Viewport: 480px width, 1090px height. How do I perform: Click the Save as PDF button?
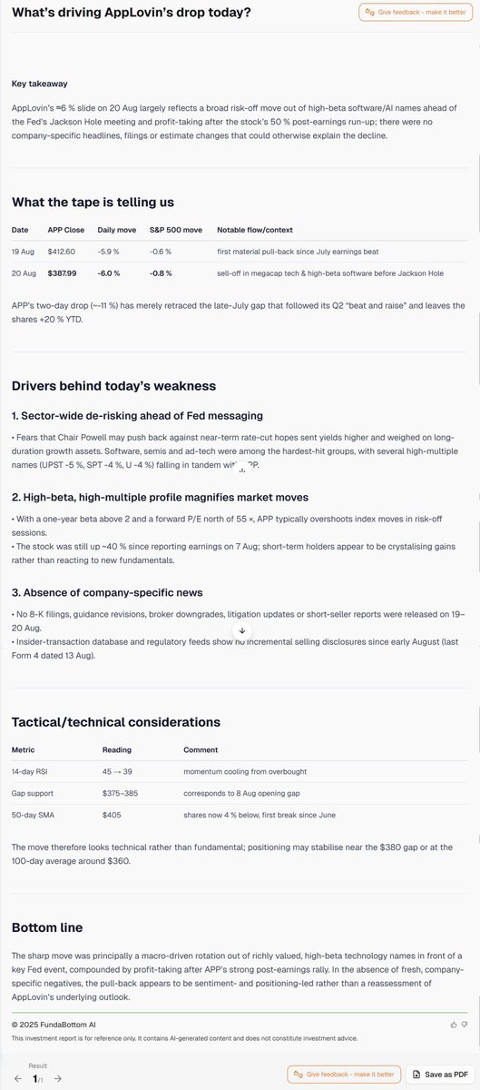439,1075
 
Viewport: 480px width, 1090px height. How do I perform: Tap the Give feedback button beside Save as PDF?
343,1075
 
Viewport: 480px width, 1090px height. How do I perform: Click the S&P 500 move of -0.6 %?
162,252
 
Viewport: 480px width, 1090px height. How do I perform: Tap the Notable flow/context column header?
255,230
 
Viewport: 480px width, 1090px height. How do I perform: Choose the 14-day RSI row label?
31,772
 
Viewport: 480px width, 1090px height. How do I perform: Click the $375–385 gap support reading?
121,794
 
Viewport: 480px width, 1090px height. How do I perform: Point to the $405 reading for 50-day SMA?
112,816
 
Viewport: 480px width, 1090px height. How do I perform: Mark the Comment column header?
201,750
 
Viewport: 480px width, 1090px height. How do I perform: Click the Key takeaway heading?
39,84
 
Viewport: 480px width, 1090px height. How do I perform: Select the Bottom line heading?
47,927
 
